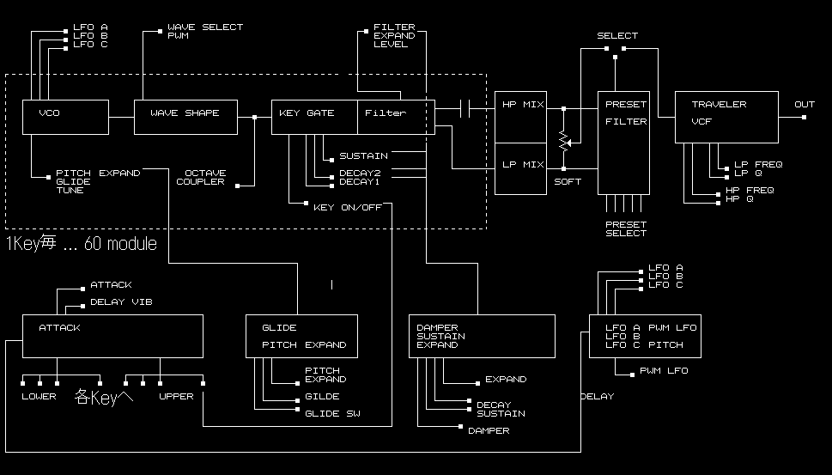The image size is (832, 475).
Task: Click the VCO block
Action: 65,117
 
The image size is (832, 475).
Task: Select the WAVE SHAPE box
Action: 185,117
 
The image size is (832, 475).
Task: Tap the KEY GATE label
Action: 307,113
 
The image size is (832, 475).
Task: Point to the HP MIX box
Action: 521,117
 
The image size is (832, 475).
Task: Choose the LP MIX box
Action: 521,169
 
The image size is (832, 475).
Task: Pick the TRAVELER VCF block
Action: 726,117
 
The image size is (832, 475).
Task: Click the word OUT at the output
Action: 804,105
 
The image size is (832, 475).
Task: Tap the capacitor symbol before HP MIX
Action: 465,108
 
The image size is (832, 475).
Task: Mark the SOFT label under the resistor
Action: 567,182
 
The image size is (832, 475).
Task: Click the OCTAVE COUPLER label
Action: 200,178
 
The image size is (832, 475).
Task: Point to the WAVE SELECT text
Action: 205,27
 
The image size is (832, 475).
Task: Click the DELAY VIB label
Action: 121,302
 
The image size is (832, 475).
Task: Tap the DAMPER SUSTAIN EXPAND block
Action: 482,336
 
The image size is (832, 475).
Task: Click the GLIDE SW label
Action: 332,414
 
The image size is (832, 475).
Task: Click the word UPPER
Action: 176,397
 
